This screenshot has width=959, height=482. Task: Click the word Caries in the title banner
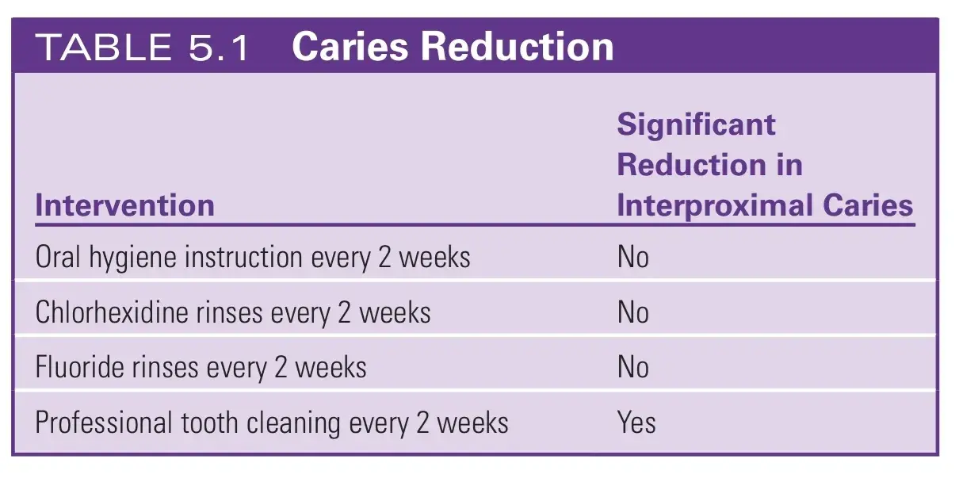pos(350,46)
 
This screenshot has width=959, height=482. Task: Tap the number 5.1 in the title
pos(218,47)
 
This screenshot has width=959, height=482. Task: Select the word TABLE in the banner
pos(104,47)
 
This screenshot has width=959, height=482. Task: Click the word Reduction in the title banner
pos(518,46)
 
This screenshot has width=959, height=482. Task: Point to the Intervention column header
pos(124,205)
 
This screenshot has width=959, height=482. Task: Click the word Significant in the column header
pos(696,125)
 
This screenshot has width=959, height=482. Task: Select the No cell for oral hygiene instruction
pos(632,258)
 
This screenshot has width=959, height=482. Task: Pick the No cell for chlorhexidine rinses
pos(632,312)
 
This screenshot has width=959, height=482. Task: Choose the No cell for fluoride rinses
pos(632,367)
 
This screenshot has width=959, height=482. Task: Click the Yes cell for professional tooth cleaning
pos(636,423)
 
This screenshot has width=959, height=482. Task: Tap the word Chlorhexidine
pos(113,312)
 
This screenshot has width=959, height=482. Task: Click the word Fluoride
pos(79,367)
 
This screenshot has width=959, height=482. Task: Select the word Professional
pos(104,423)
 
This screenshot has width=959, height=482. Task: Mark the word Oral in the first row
pos(58,257)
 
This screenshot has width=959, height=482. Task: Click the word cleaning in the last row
pos(293,424)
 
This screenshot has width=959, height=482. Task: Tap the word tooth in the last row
pos(209,423)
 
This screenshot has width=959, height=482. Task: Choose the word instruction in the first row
pos(243,258)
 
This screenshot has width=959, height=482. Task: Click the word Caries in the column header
pos(868,205)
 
